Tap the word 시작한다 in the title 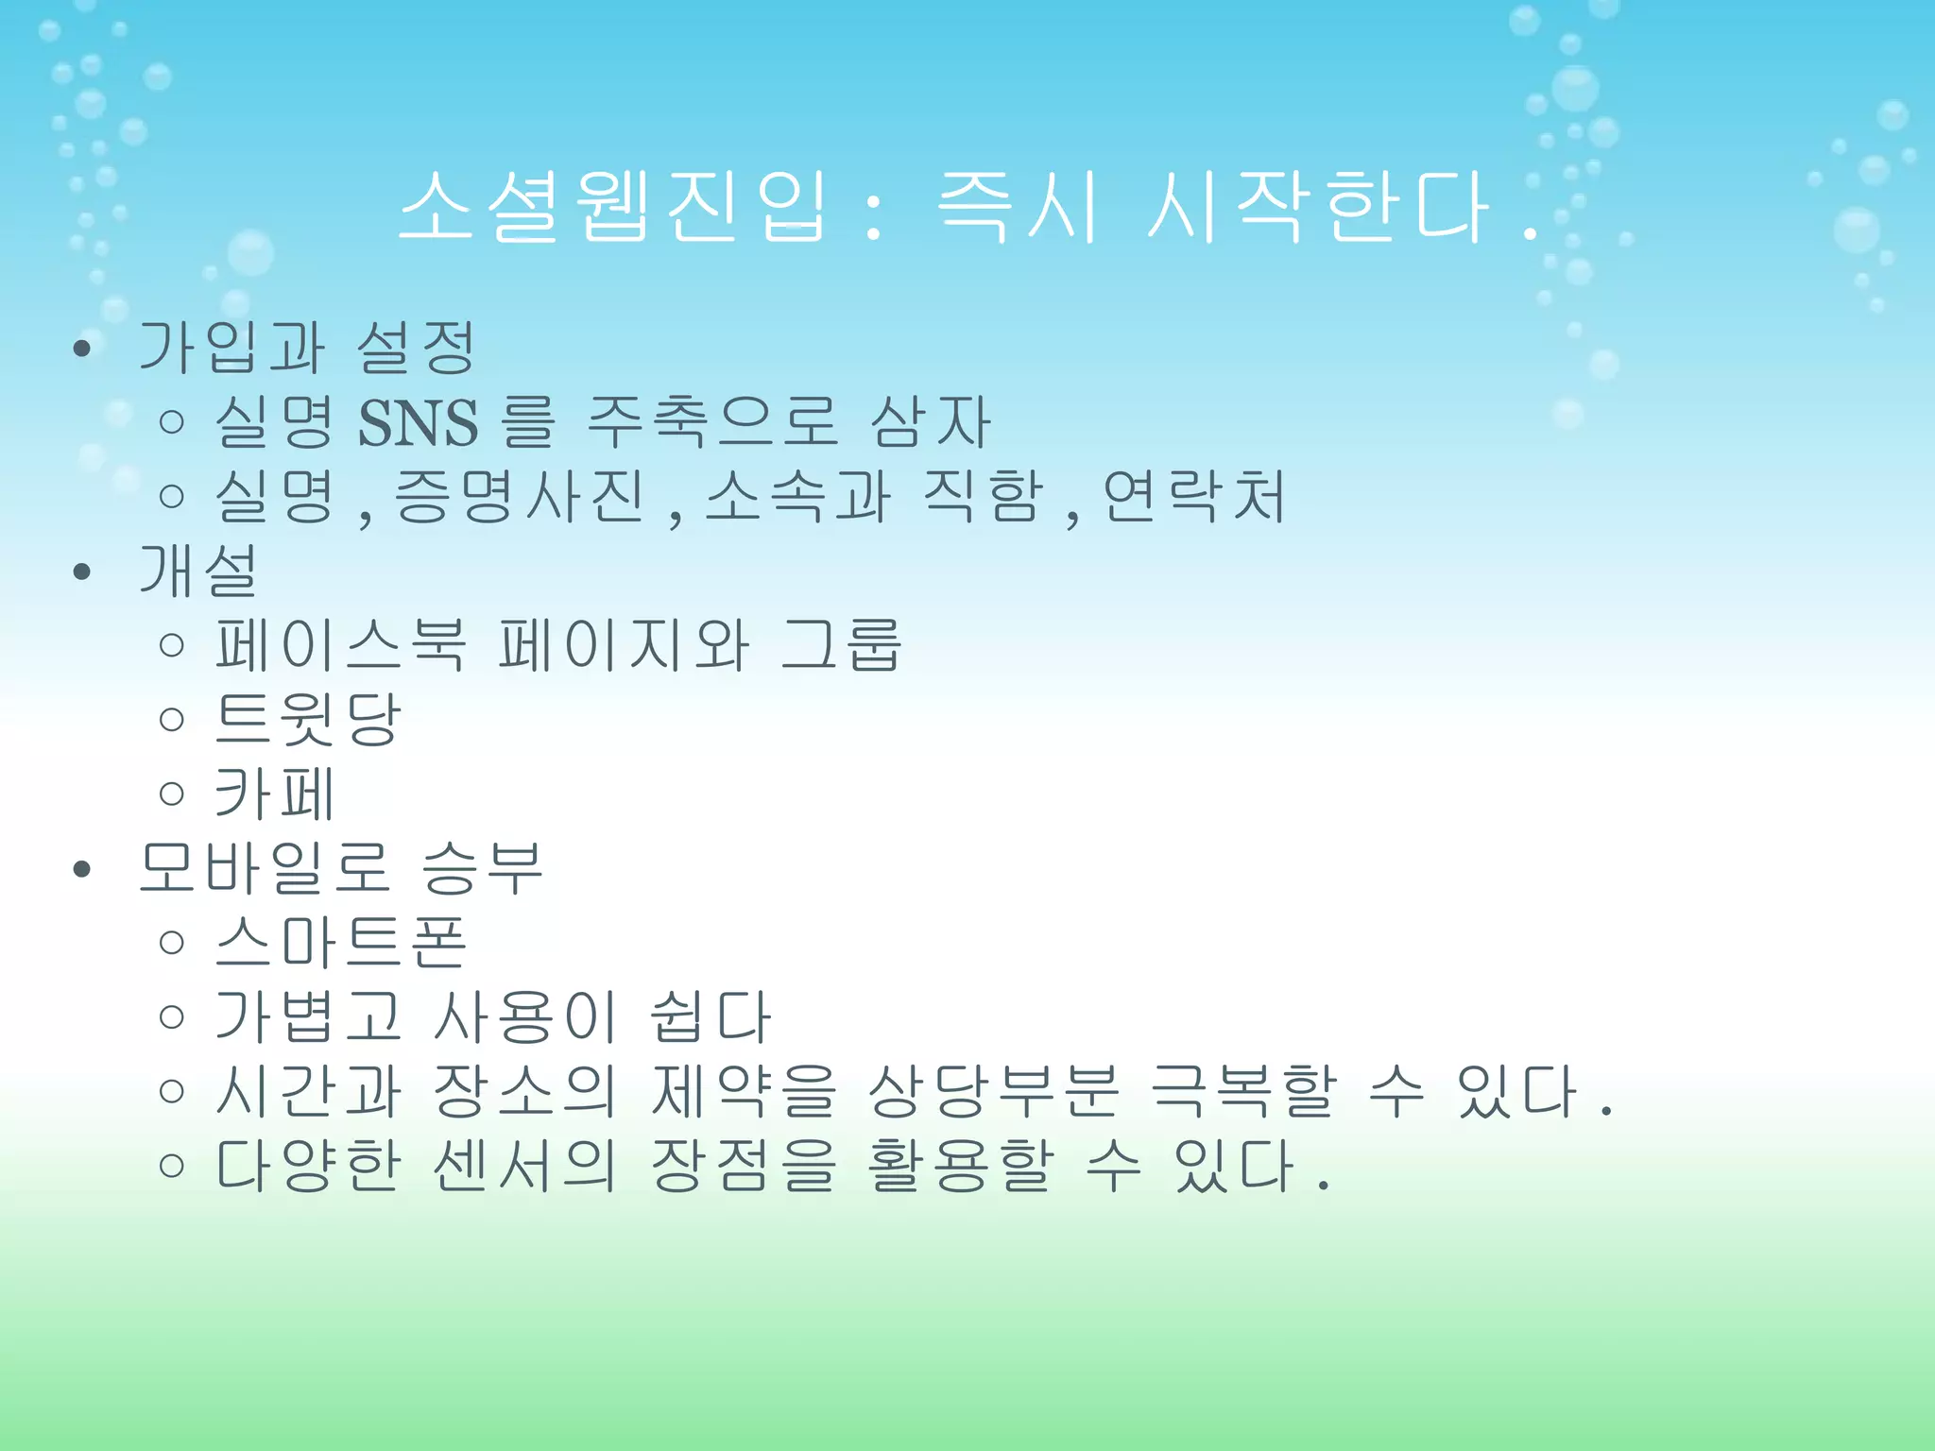coord(1317,206)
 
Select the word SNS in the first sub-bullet coord(418,422)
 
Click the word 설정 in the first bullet coord(416,347)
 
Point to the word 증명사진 coord(518,497)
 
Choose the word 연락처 coord(1194,497)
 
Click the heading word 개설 coord(198,571)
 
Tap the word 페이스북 coord(340,645)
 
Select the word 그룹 coord(841,645)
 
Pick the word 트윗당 coord(308,719)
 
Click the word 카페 coord(274,794)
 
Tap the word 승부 coord(482,867)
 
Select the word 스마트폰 coord(340,942)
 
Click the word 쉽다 coord(711,1016)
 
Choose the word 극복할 coord(1243,1090)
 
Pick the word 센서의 coord(525,1165)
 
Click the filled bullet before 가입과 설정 coord(82,349)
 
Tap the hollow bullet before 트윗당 coord(171,720)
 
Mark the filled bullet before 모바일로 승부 coord(82,869)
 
